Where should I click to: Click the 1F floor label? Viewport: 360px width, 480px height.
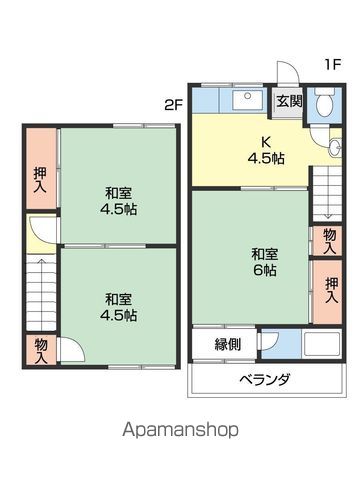pos(332,65)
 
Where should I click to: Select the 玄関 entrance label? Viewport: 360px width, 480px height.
pos(289,100)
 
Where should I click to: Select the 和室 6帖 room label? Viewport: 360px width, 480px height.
pos(264,262)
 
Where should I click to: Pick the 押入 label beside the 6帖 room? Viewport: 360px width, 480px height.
pos(330,290)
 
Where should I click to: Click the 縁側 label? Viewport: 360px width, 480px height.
pos(227,345)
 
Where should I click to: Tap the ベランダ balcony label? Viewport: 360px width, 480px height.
pos(264,380)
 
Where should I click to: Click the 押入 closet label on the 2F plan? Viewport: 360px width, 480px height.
pos(39,178)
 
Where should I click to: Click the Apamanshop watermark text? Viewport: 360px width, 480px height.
pos(180,430)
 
